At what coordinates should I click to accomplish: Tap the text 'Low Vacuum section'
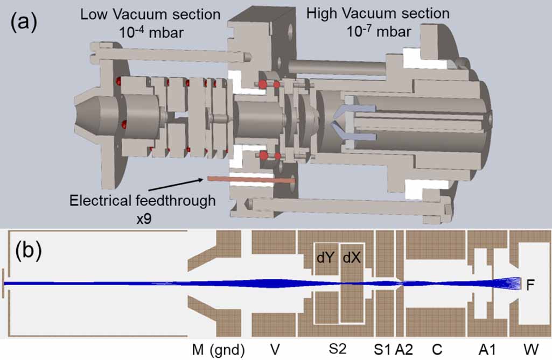click(x=150, y=15)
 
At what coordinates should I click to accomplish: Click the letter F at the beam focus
click(x=530, y=286)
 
